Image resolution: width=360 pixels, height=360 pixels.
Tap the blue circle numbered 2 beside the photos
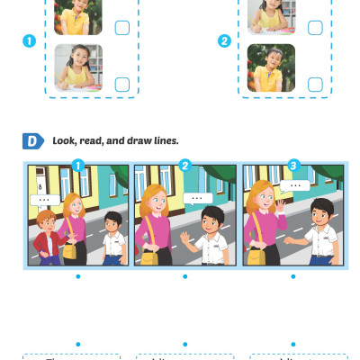pos(224,40)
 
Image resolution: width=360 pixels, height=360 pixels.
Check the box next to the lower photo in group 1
pos(122,84)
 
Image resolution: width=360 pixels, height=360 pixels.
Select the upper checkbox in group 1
pos(122,28)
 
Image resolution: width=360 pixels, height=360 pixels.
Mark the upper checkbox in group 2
pos(315,28)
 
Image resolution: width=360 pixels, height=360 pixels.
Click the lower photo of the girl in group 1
pos(78,67)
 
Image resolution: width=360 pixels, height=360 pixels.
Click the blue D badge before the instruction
pos(32,141)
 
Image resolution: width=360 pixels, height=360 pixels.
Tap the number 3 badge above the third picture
pos(292,165)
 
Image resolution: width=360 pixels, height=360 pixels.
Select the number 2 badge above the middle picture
pos(185,165)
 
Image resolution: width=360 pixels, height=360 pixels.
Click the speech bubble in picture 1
pos(42,198)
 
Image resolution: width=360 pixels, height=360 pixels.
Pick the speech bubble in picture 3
pos(294,185)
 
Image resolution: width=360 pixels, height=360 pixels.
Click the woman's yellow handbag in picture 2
pos(146,257)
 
